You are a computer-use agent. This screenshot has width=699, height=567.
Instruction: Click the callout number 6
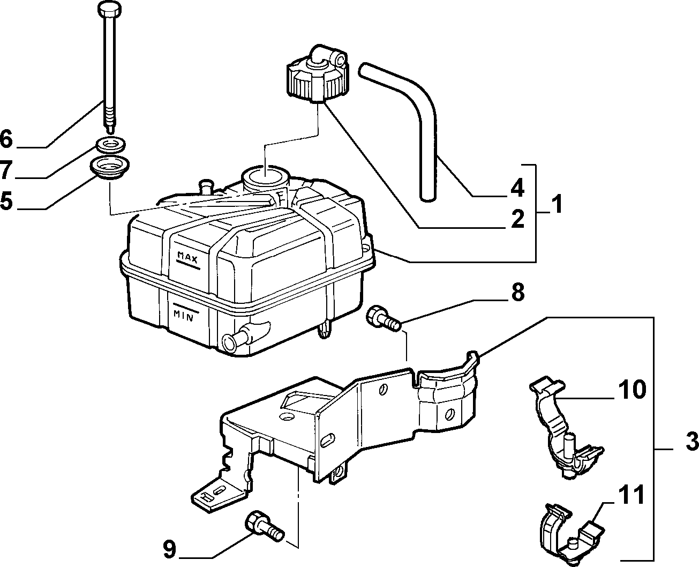pos(6,139)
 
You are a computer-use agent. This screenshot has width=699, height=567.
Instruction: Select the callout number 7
pos(6,169)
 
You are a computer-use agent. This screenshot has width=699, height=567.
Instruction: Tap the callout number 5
pos(6,200)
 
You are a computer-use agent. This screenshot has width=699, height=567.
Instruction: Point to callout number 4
pos(517,188)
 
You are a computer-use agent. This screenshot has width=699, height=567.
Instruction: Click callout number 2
pos(517,219)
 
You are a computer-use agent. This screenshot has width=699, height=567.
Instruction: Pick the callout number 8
pos(517,292)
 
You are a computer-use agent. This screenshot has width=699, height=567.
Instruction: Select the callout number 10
pos(632,390)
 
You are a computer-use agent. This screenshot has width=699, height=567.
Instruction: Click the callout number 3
pos(692,441)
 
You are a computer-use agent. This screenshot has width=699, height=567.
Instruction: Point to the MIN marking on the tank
pos(183,316)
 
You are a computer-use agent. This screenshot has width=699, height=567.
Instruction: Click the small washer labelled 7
pos(110,145)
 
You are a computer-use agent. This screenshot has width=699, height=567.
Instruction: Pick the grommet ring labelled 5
pos(109,168)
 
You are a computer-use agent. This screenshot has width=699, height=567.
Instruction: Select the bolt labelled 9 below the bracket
pos(264,529)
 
